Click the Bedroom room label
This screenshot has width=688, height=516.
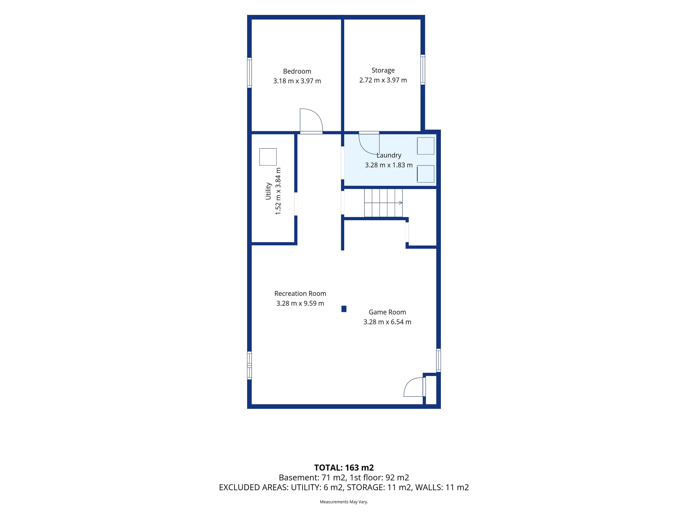297,71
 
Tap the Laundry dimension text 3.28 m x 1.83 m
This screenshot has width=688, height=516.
389,165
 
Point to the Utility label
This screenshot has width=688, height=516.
268,191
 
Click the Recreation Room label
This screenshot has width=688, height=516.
300,294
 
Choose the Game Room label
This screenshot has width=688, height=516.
387,312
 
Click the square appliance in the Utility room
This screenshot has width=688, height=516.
268,157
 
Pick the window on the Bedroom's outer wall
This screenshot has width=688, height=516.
249,73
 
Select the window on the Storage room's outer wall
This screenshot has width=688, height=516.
423,70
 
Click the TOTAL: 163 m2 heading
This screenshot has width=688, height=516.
344,467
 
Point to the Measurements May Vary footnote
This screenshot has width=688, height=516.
344,502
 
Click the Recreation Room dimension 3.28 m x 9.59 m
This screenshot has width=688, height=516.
300,303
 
